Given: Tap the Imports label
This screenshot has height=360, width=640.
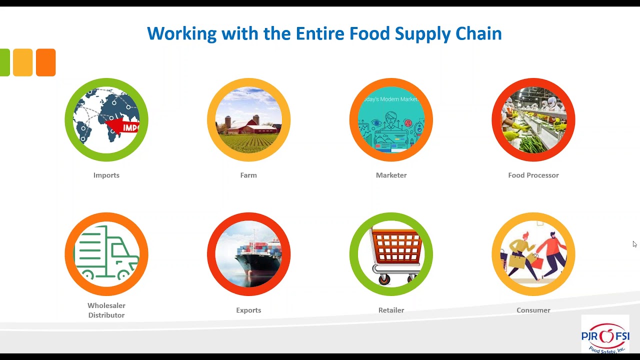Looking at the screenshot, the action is coord(106,175).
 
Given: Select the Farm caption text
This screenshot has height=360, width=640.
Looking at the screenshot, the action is coord(248,175).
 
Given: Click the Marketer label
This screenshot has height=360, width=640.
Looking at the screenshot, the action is coord(391,175).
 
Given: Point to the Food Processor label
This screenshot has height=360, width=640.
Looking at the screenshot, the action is coord(533,175).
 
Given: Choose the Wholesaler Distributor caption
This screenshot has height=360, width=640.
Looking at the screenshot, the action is coord(106,310).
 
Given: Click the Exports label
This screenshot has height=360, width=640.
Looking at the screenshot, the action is coord(248,310).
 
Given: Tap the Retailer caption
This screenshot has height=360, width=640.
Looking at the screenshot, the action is coord(391,310).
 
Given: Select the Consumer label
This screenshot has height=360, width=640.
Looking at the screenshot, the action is coord(533,310).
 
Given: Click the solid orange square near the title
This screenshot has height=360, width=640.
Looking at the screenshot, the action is coord(45,62).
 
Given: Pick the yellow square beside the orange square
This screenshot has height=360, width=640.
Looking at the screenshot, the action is coord(23,62).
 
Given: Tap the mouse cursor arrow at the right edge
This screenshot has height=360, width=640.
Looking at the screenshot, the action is coord(634,244).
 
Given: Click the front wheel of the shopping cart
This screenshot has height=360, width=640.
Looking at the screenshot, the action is coord(384,278).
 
